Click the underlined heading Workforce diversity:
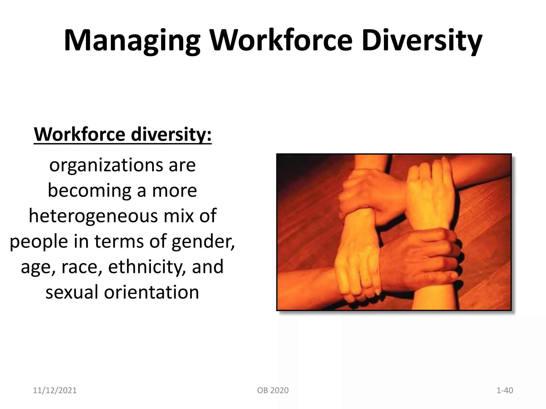coord(123,134)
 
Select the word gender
coord(203,242)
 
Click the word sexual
coord(72,292)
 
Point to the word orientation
coord(151,292)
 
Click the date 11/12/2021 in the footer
coord(55,390)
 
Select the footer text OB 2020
coord(273,390)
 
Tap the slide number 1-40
coord(505,390)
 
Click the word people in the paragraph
coord(39,242)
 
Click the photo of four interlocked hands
coord(394,232)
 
